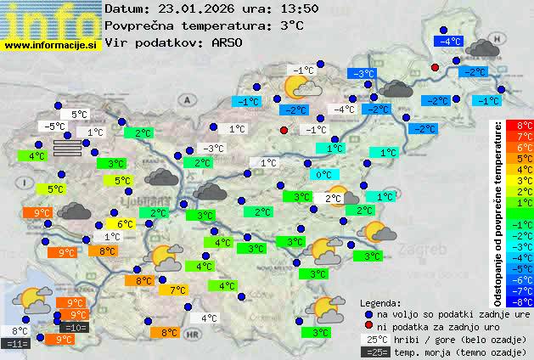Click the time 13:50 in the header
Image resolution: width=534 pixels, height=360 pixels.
(298, 8)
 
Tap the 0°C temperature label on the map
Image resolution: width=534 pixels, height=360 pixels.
(323, 175)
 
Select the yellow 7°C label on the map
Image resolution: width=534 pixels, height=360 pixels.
(178, 290)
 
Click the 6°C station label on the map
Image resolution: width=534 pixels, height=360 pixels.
(126, 224)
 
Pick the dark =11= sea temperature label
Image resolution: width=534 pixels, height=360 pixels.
(16, 344)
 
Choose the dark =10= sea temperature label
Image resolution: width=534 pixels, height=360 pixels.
(74, 328)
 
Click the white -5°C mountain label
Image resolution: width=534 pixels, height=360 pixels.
(54, 127)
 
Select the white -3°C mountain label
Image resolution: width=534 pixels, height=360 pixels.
(213, 149)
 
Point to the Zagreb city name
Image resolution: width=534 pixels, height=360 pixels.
(425, 250)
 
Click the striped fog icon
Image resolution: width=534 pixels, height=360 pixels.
(69, 149)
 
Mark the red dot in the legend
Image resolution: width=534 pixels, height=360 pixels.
(367, 325)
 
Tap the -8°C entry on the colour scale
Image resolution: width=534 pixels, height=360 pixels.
(525, 301)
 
